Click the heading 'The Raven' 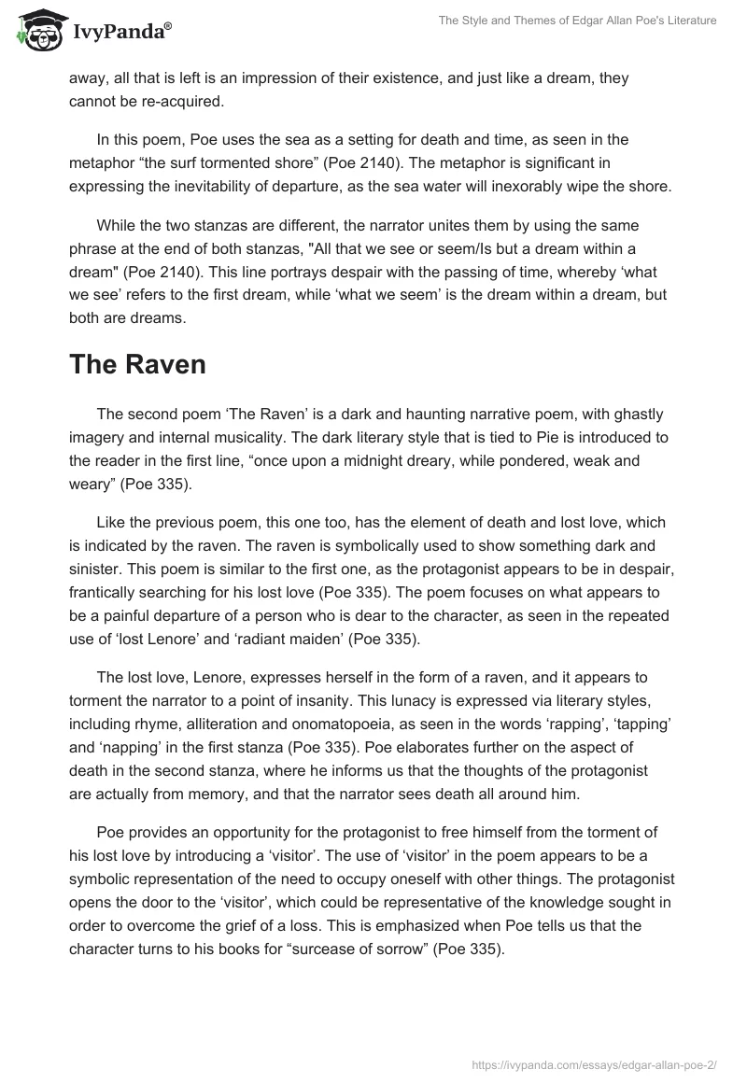point(137,364)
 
